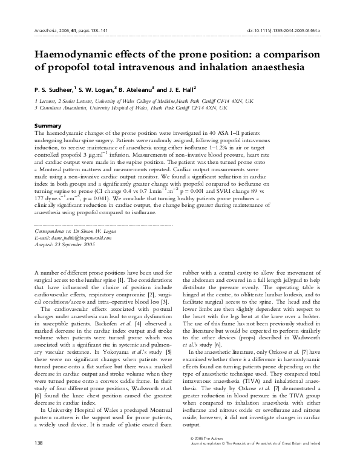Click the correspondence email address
(78, 238)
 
